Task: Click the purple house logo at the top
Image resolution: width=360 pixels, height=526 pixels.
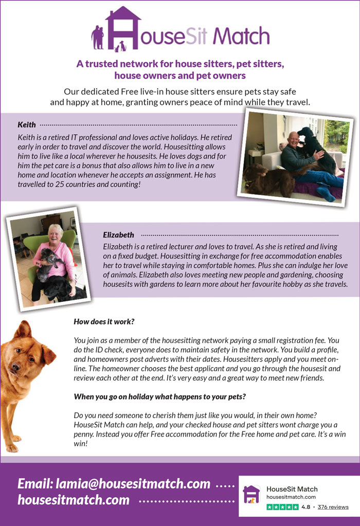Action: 123,29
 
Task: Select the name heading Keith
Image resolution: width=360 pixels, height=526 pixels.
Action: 27,124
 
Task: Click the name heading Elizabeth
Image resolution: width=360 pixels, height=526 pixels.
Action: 118,235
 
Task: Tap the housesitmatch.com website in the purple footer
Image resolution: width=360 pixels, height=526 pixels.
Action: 74,500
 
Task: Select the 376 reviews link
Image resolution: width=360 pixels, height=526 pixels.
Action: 333,507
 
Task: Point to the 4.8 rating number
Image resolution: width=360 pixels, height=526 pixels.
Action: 305,507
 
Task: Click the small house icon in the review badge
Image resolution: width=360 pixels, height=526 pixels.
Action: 251,494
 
